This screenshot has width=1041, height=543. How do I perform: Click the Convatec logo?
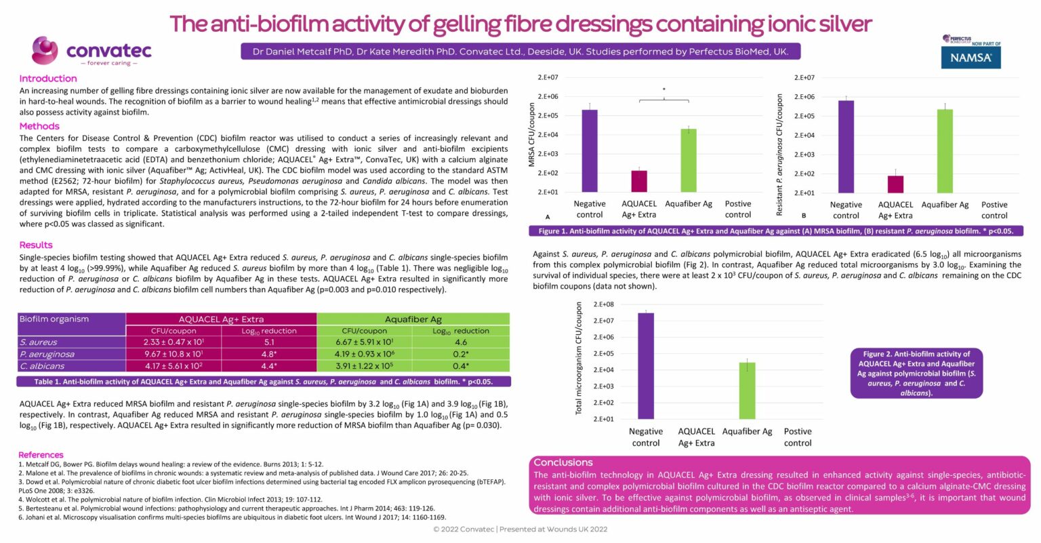tap(92, 51)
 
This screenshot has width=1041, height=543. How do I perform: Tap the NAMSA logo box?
tap(971, 58)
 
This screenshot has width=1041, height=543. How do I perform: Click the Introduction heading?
tap(48, 79)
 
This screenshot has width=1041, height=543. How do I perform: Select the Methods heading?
tap(39, 126)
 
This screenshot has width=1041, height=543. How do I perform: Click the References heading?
tap(41, 455)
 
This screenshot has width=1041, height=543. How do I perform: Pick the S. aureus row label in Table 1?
tap(39, 342)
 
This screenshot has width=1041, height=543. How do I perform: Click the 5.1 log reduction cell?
tap(268, 342)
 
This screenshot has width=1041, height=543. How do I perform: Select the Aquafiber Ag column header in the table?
tap(413, 319)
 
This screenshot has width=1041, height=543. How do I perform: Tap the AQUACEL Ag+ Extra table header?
tap(221, 319)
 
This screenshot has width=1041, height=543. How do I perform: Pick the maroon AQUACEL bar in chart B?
tap(895, 184)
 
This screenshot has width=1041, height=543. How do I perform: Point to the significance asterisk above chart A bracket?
tap(664, 89)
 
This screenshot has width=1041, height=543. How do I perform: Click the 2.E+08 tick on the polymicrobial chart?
tap(603, 304)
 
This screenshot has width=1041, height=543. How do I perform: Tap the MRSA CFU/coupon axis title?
tap(532, 135)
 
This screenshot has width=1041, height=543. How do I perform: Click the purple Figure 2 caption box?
tap(916, 373)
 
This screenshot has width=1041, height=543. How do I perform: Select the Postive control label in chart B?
tap(994, 210)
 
